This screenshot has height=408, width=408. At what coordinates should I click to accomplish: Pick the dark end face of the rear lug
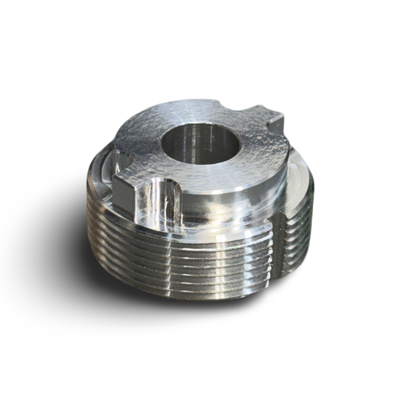[x=276, y=122]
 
